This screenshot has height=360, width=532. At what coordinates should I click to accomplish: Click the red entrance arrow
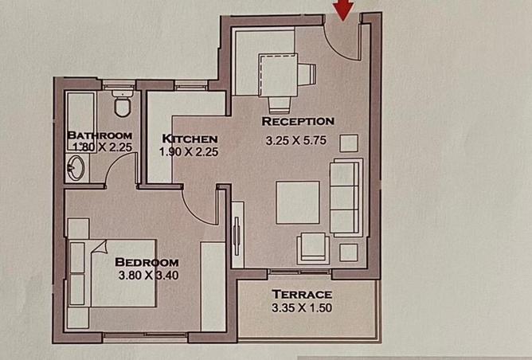click(x=343, y=10)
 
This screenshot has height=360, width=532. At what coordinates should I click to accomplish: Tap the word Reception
click(x=297, y=122)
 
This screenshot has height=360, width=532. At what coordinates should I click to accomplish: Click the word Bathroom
click(x=100, y=135)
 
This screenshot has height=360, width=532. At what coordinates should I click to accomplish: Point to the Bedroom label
click(x=147, y=262)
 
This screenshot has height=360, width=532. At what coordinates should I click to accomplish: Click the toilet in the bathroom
click(x=123, y=104)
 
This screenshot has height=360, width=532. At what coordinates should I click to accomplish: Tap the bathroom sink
click(x=77, y=166)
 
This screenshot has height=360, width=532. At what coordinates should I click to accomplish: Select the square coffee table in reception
click(x=297, y=202)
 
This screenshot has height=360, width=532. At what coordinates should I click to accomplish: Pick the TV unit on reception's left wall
click(x=237, y=231)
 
